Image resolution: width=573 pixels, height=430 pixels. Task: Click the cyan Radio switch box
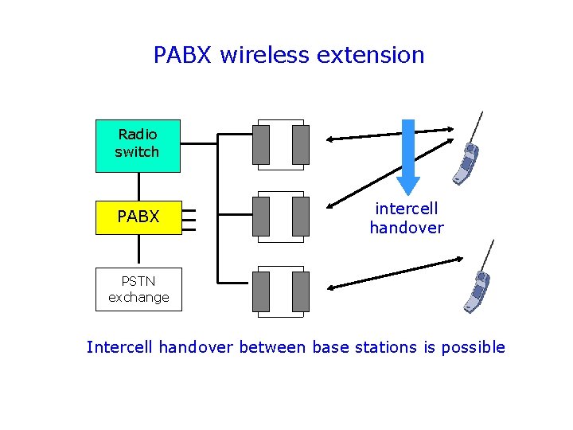click(x=138, y=146)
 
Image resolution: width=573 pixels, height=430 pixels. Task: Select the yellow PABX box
click(x=138, y=217)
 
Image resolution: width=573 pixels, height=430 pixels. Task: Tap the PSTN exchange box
click(x=138, y=289)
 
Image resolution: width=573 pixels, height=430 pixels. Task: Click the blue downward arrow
click(x=408, y=156)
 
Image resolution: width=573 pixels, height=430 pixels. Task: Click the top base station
click(x=280, y=144)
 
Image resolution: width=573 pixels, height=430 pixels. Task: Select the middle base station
click(x=280, y=217)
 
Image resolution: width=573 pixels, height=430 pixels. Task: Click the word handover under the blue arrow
click(x=407, y=228)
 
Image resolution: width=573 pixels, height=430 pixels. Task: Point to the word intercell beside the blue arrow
click(x=407, y=209)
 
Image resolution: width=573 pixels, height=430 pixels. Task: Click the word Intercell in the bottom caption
click(x=120, y=347)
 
